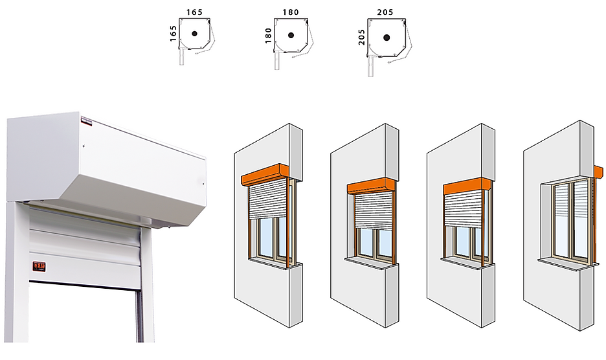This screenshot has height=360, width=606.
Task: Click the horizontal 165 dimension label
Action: coord(195,12)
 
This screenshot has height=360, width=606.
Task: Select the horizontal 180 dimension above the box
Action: coord(291,12)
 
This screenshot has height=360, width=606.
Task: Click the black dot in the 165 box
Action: coord(194,34)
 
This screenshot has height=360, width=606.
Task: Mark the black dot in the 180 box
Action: coord(291,35)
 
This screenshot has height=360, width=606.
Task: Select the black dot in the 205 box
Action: coord(388,38)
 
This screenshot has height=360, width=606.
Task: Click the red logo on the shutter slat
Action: coord(39,264)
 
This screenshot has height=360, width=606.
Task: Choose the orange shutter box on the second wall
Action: coord(371,186)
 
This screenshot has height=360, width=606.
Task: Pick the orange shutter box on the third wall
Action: coord(467,186)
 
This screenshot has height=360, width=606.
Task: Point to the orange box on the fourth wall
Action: coord(598,171)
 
